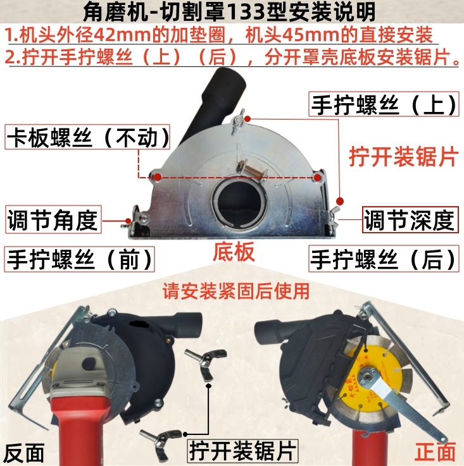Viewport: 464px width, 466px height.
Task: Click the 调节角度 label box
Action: (53, 220)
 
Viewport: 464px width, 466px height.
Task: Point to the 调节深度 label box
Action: (410, 220)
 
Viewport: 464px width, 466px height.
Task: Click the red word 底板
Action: (234, 252)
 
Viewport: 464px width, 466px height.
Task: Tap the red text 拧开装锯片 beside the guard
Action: (403, 157)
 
